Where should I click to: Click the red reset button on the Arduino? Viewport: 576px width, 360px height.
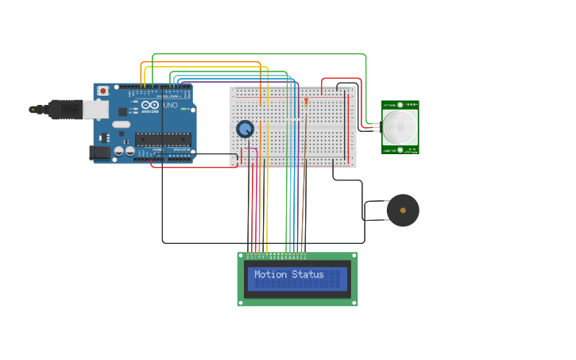[102, 91]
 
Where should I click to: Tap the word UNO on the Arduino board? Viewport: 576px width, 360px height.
[170, 106]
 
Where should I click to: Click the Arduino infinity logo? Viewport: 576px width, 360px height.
[150, 104]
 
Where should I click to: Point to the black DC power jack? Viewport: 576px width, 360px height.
[99, 153]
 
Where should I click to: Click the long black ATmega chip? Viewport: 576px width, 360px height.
[163, 140]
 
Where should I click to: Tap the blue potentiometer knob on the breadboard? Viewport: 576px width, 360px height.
[245, 129]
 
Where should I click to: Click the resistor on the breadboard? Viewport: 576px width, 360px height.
[306, 101]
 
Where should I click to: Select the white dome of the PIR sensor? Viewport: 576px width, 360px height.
[400, 126]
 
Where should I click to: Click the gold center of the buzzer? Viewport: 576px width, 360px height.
[403, 211]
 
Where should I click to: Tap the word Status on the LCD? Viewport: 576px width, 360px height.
[308, 275]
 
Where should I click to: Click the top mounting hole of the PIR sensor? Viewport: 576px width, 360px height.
[400, 104]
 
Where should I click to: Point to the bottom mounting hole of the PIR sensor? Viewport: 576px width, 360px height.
[400, 149]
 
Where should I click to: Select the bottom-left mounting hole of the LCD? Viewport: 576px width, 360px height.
[242, 302]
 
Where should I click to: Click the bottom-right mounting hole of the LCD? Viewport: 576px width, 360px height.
[354, 302]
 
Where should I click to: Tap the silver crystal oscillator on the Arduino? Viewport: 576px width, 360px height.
[121, 124]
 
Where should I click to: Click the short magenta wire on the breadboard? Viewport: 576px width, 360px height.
[248, 149]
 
